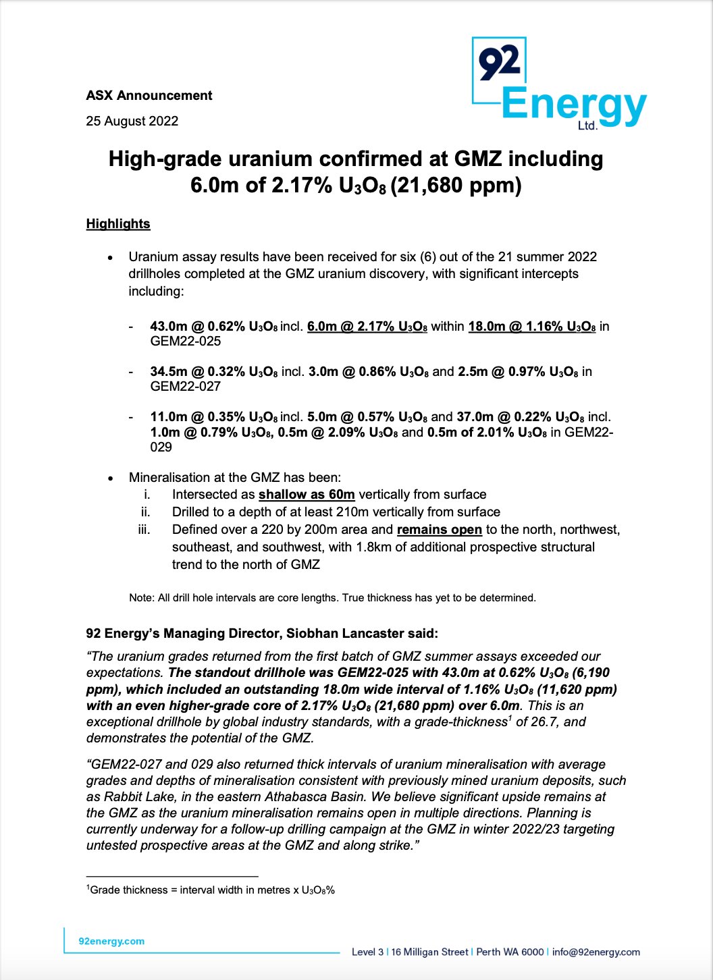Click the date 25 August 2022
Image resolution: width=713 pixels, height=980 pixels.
[132, 121]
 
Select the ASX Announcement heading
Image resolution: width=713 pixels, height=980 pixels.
[149, 96]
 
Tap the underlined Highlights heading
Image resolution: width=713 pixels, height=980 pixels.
[118, 224]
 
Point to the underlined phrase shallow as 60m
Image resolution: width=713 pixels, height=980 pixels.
[307, 495]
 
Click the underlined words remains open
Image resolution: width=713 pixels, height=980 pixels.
[440, 530]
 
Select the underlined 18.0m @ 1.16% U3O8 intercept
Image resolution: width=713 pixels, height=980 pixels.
[532, 327]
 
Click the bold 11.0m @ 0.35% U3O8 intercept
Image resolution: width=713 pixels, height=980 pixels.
[214, 417]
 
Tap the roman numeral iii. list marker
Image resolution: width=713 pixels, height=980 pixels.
[144, 530]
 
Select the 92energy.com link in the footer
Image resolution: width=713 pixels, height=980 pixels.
[111, 942]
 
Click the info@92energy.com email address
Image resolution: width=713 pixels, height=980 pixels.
[596, 952]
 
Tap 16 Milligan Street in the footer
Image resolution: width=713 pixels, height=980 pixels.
[429, 952]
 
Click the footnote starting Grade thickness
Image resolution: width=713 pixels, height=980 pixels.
[211, 890]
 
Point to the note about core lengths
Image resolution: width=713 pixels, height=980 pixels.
[332, 598]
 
